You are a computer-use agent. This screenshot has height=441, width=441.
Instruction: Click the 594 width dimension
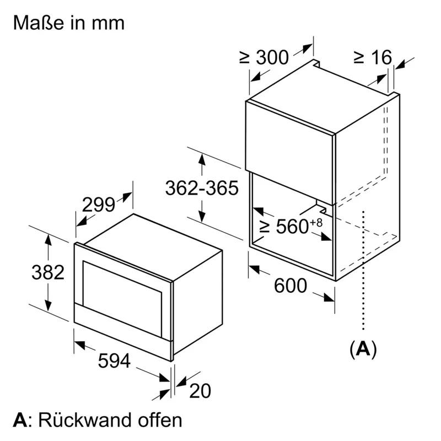coord(114,361)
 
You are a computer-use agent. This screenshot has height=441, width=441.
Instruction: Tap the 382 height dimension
coord(48,272)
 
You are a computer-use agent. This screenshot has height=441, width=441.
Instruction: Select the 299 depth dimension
coord(99,205)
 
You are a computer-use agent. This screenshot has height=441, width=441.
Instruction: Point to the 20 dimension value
coord(200,390)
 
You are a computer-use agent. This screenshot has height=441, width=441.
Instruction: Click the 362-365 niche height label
coord(202,188)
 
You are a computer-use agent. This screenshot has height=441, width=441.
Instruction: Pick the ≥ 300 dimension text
coord(264,57)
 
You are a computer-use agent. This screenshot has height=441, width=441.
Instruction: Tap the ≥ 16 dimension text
coord(373,57)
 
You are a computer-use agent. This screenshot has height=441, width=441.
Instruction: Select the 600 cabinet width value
coord(291,286)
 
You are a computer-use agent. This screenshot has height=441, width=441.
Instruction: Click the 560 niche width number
coord(293,226)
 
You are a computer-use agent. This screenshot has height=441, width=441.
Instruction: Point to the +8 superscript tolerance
coord(316,223)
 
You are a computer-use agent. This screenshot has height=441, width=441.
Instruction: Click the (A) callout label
coord(363,349)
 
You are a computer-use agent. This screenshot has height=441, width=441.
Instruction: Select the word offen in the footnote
coord(160,420)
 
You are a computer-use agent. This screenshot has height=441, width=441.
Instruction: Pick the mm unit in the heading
coord(108,24)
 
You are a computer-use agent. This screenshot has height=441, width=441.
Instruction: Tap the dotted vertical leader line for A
coord(363,270)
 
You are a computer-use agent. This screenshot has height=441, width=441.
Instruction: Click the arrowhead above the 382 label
coord(48,241)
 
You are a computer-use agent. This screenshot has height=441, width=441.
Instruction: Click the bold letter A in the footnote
coord(20,420)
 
